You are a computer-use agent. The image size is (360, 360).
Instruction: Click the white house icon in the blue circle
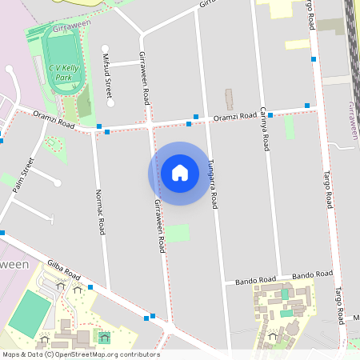pyautogui.click(x=180, y=173)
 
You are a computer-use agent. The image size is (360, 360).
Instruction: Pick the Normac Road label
pyautogui.click(x=100, y=212)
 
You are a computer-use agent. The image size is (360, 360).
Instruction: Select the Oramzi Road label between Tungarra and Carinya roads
pyautogui.click(x=234, y=118)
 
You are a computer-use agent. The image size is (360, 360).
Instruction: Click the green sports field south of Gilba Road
pyautogui.click(x=29, y=313)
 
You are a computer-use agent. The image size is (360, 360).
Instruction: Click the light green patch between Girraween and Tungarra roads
pyautogui.click(x=178, y=234)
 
